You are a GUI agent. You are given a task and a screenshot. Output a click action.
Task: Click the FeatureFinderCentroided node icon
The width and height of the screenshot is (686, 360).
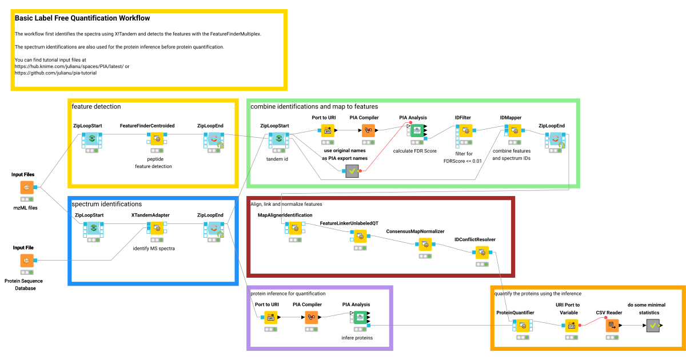click(155, 138)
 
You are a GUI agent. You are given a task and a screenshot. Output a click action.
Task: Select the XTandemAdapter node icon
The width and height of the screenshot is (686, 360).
click(155, 228)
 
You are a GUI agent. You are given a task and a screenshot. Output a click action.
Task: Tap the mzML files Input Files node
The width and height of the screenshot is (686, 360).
click(27, 187)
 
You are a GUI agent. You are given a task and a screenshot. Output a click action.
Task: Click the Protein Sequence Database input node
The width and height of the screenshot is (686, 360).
click(27, 261)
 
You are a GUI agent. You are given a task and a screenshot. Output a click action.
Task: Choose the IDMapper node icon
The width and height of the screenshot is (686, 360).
click(513, 131)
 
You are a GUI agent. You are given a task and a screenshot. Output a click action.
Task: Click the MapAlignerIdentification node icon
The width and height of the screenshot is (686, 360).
click(294, 228)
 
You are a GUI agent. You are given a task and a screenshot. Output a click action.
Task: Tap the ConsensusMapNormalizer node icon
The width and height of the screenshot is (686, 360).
click(424, 244)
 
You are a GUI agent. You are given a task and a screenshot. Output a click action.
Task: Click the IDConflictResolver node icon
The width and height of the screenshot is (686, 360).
click(482, 252)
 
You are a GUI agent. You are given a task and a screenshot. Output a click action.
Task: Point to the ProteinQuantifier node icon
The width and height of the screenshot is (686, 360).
click(522, 325)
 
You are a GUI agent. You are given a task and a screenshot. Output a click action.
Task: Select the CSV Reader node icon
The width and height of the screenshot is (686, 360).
click(611, 325)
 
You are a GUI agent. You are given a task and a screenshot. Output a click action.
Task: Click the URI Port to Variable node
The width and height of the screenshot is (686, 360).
click(571, 325)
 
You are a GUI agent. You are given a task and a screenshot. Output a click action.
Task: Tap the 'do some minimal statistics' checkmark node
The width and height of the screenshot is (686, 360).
click(652, 325)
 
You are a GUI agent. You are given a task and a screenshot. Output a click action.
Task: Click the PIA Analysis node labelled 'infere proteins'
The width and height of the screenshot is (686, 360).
click(361, 317)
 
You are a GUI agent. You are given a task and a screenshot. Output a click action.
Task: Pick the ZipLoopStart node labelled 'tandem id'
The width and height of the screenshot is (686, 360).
click(278, 138)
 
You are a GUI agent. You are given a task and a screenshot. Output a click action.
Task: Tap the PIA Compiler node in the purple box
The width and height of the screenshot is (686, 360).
click(312, 317)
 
